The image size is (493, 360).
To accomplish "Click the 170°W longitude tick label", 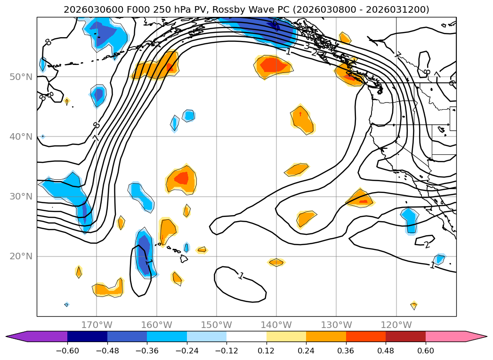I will click(97, 325).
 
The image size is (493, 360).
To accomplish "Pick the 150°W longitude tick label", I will click(216, 325).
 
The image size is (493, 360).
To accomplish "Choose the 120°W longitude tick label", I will click(396, 325).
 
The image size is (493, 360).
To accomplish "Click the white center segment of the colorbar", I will click(246, 336).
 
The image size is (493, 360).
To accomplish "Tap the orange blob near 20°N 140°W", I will click(276, 262).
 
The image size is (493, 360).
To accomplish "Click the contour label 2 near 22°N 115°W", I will click(427, 245).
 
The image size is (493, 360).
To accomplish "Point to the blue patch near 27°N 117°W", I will click(410, 219).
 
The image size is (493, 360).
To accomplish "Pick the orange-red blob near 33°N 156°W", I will click(181, 179).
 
